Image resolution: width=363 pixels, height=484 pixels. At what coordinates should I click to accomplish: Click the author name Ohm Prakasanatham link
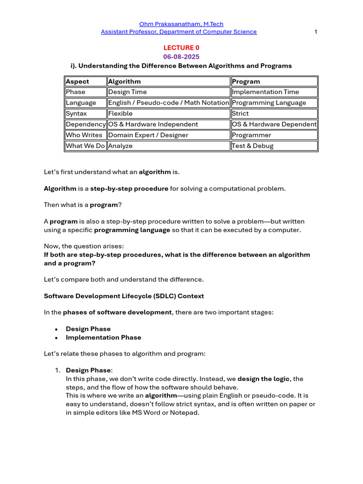[x=181, y=24]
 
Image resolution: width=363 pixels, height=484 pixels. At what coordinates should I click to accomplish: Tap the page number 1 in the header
[x=315, y=32]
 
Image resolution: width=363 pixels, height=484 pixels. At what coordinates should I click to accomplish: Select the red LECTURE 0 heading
[x=178, y=48]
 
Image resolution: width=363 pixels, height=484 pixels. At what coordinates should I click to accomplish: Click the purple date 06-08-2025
[x=178, y=57]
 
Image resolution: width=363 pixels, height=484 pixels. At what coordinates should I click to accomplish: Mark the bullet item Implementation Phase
[x=103, y=337]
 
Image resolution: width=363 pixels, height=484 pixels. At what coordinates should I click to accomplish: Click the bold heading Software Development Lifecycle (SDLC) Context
[x=124, y=296]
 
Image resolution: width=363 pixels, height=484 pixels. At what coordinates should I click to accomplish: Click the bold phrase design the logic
[x=263, y=379]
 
